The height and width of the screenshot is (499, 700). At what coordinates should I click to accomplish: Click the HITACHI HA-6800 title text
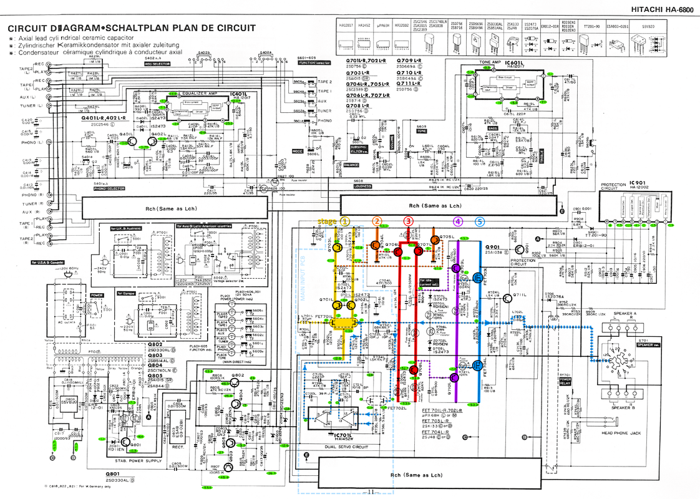click(x=661, y=9)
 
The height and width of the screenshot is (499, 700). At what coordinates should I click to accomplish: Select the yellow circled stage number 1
click(x=345, y=221)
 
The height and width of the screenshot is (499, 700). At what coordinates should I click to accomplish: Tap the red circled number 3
click(x=408, y=221)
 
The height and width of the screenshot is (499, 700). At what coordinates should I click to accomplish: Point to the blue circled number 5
click(x=479, y=221)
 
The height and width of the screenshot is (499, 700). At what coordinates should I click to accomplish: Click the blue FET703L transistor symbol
click(x=478, y=278)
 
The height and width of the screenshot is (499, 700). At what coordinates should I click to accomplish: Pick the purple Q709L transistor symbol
click(x=457, y=268)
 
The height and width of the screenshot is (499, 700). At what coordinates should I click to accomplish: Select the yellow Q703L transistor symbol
click(x=338, y=248)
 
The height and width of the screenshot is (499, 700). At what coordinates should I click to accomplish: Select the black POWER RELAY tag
click(x=565, y=381)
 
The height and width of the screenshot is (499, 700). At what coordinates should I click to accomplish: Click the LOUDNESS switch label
click(x=362, y=186)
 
